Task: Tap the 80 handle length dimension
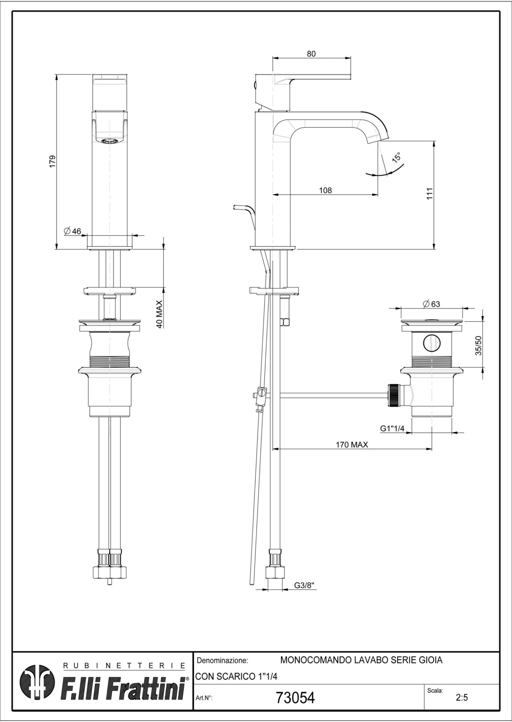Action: coord(311,54)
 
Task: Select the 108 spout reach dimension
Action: coord(325,190)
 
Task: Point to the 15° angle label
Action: coord(397,157)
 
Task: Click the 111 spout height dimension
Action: coord(430,194)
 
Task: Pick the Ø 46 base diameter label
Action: coord(73,231)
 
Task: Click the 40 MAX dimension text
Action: coord(160,314)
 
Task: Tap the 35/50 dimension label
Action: coord(479,345)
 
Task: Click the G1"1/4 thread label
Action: coord(392,428)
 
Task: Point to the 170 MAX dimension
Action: coord(352,444)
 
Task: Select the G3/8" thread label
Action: coord(304,585)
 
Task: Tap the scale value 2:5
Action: coord(462,698)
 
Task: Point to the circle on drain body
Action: coord(431,343)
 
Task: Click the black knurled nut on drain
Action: coord(393,394)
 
